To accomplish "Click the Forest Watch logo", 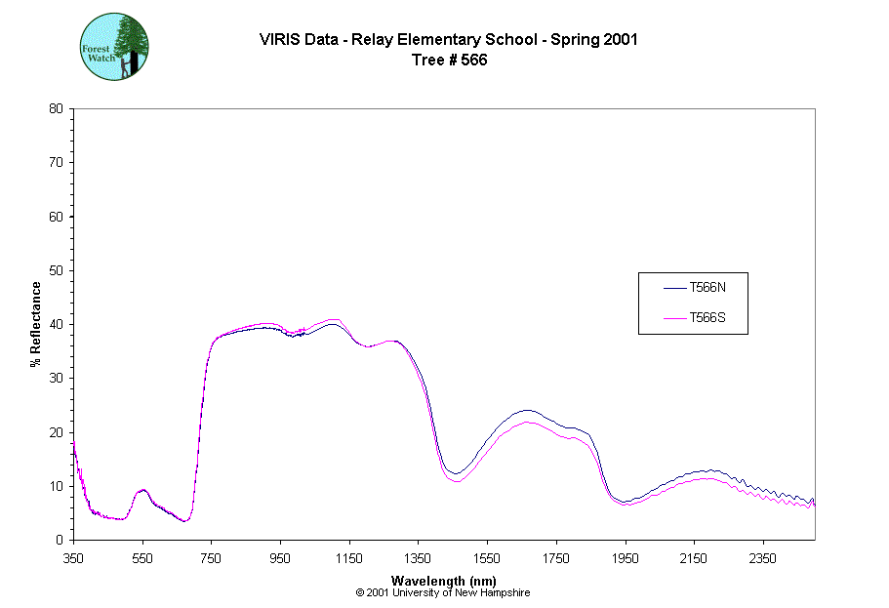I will pyautogui.click(x=113, y=47).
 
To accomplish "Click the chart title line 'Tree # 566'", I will pyautogui.click(x=449, y=60).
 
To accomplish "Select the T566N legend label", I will pyautogui.click(x=707, y=288).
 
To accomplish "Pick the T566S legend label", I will pyautogui.click(x=707, y=317).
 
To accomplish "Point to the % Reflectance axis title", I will pyautogui.click(x=36, y=324).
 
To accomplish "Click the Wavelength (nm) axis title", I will pyautogui.click(x=443, y=580).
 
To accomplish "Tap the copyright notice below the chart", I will pyautogui.click(x=443, y=592).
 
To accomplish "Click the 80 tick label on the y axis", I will pyautogui.click(x=56, y=108).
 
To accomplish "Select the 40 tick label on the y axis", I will pyautogui.click(x=56, y=324).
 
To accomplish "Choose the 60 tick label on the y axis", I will pyautogui.click(x=56, y=217).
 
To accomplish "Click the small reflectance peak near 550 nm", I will pyautogui.click(x=142, y=490).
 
